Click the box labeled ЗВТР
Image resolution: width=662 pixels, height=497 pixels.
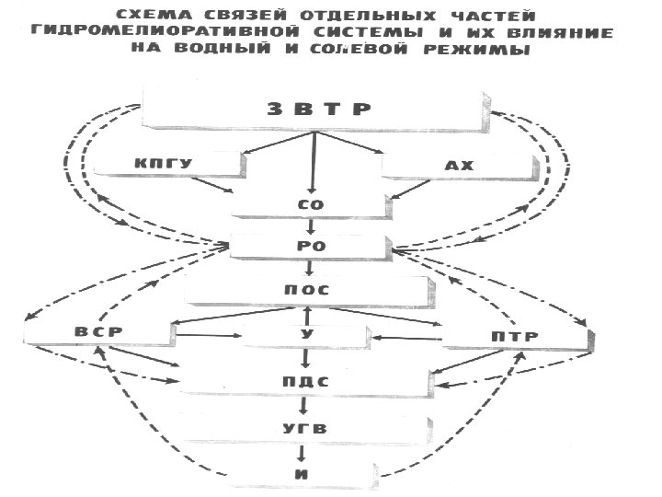[x=317, y=109]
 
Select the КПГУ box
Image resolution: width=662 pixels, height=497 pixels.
[x=167, y=164]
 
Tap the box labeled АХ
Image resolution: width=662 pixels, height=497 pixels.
[x=457, y=167]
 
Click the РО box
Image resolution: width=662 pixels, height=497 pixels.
[x=309, y=246]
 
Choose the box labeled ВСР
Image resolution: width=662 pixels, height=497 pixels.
[x=98, y=331]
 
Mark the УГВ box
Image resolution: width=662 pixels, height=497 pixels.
[x=304, y=428]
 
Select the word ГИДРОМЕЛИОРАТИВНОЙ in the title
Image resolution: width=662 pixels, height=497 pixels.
[x=147, y=33]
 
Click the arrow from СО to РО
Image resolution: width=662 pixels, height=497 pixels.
[x=310, y=225]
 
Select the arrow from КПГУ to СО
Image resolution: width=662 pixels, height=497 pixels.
[x=219, y=188]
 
